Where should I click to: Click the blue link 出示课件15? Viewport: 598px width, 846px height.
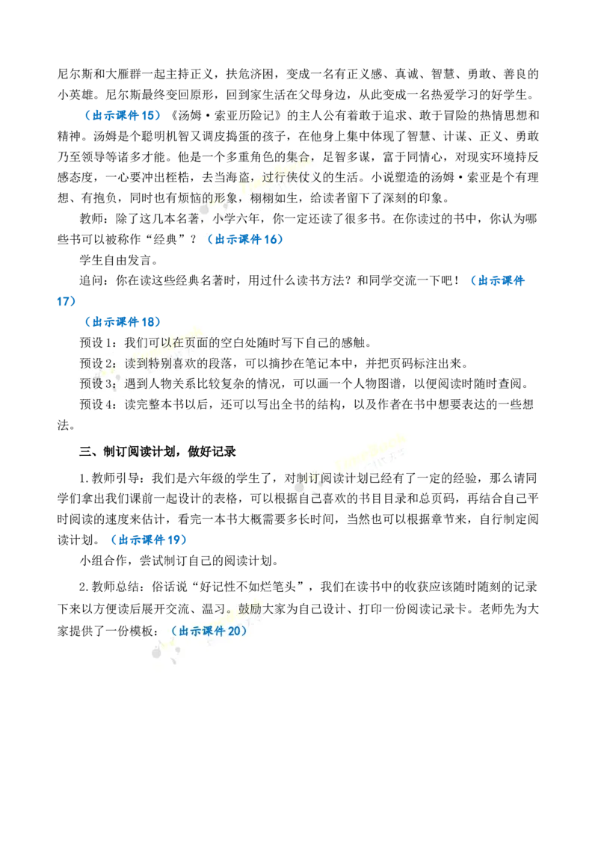click(123, 115)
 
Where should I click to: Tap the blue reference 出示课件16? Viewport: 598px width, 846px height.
click(245, 239)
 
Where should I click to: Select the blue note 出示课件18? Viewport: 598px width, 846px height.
click(123, 322)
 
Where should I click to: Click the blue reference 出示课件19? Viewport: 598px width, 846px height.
click(149, 540)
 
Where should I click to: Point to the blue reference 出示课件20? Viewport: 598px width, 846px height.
click(209, 631)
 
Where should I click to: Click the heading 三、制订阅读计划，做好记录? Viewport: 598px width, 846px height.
click(158, 451)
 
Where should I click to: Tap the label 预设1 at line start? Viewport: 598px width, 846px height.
click(98, 342)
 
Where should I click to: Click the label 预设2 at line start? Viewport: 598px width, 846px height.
click(98, 363)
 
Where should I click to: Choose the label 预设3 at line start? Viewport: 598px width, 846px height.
click(98, 383)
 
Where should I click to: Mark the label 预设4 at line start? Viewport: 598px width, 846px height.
click(98, 404)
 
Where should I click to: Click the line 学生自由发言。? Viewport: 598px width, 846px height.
click(119, 260)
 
